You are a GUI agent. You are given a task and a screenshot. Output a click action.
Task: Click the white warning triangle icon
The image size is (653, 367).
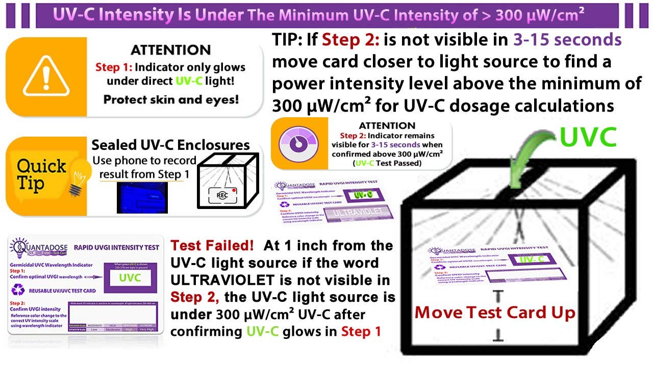[x=45, y=77]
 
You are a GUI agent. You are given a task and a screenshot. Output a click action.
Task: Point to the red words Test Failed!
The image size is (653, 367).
[x=212, y=246]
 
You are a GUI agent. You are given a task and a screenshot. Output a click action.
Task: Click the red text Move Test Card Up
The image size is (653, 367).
[x=495, y=312]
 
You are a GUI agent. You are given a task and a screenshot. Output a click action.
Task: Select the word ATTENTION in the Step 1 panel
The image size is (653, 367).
[x=170, y=50]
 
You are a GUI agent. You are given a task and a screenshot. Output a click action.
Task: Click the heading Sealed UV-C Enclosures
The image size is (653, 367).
[x=170, y=145]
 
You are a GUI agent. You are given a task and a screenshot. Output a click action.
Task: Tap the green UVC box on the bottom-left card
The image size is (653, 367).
[x=130, y=278]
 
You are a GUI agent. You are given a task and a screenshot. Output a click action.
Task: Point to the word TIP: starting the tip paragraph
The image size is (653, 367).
[x=287, y=40]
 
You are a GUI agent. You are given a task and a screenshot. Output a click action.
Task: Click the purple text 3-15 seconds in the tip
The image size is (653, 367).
[x=567, y=40]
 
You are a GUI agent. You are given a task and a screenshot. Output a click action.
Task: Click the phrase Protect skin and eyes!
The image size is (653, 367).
[x=171, y=99]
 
